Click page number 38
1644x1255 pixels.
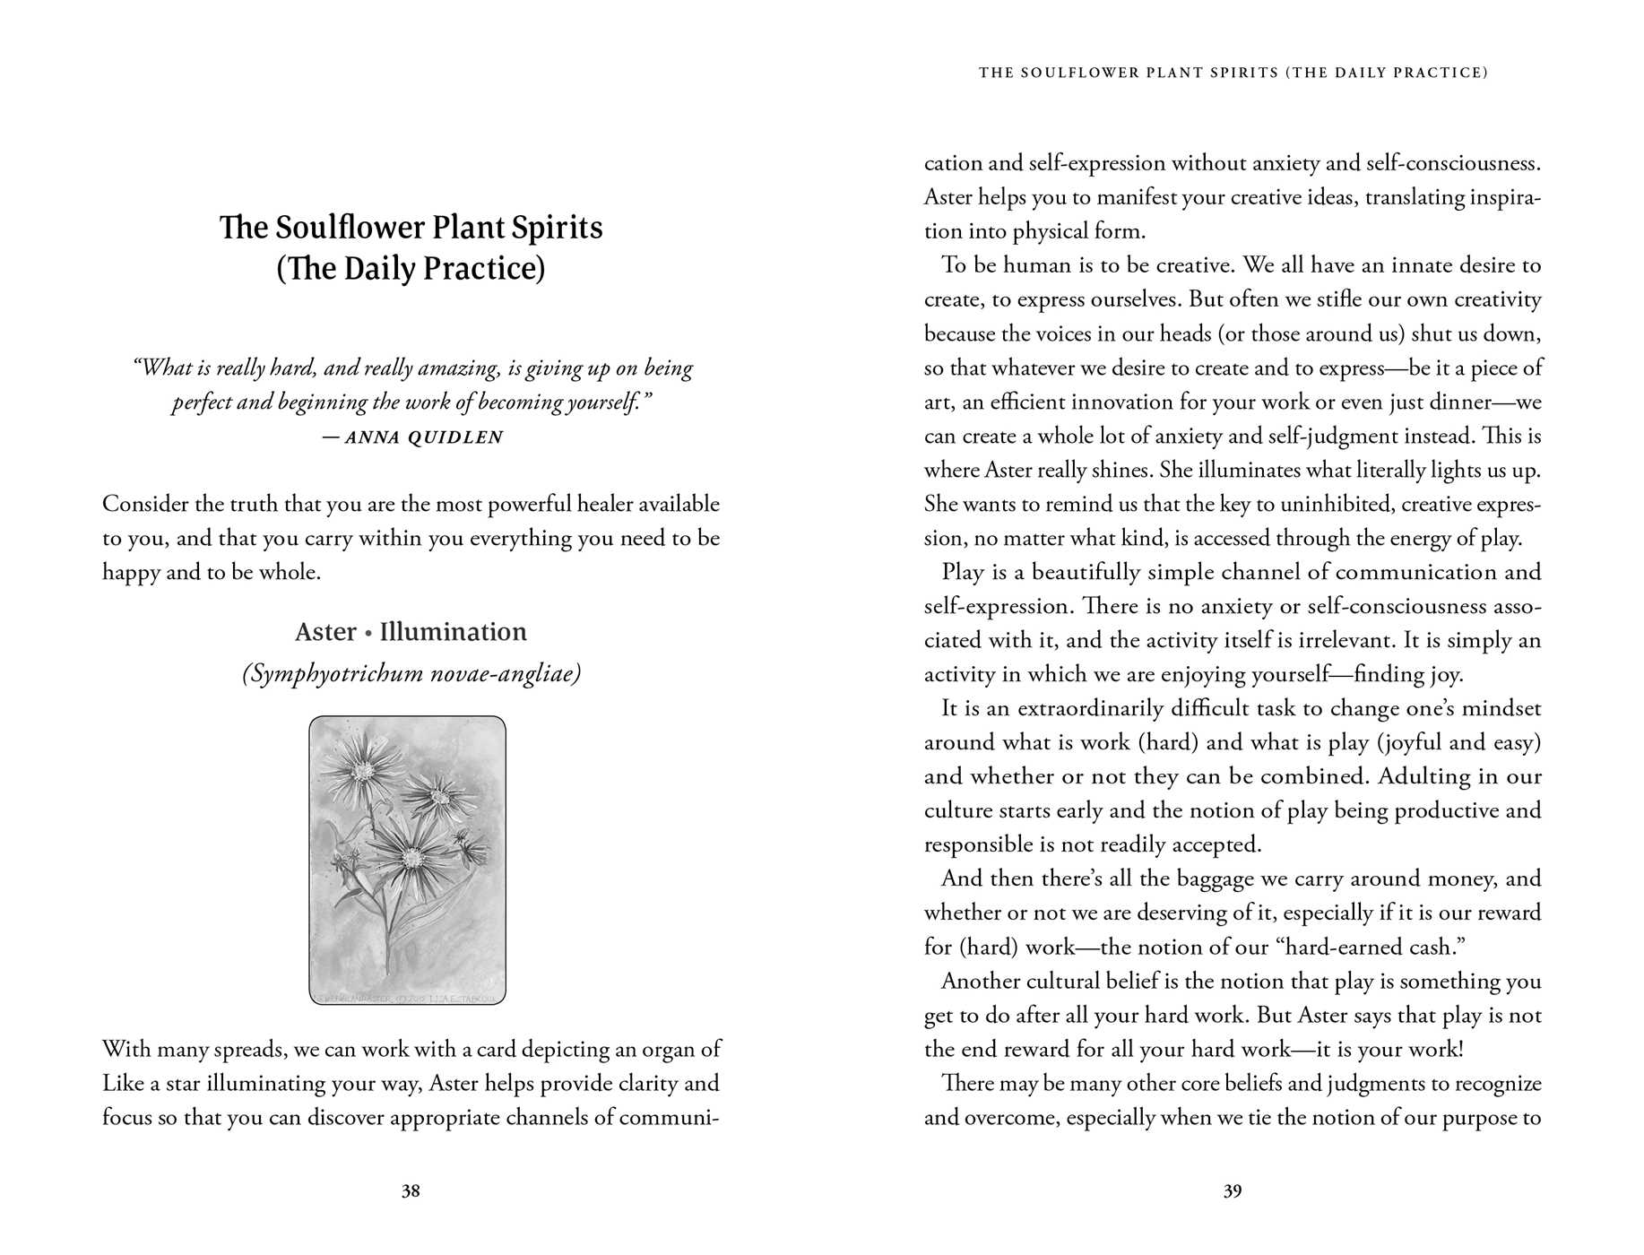(x=411, y=1190)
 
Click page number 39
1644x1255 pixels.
(x=1233, y=1190)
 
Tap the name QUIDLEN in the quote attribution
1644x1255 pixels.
(x=456, y=437)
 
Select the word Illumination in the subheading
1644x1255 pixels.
(x=453, y=632)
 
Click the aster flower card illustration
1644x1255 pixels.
(x=408, y=860)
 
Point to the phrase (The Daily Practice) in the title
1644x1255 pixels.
(x=411, y=269)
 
